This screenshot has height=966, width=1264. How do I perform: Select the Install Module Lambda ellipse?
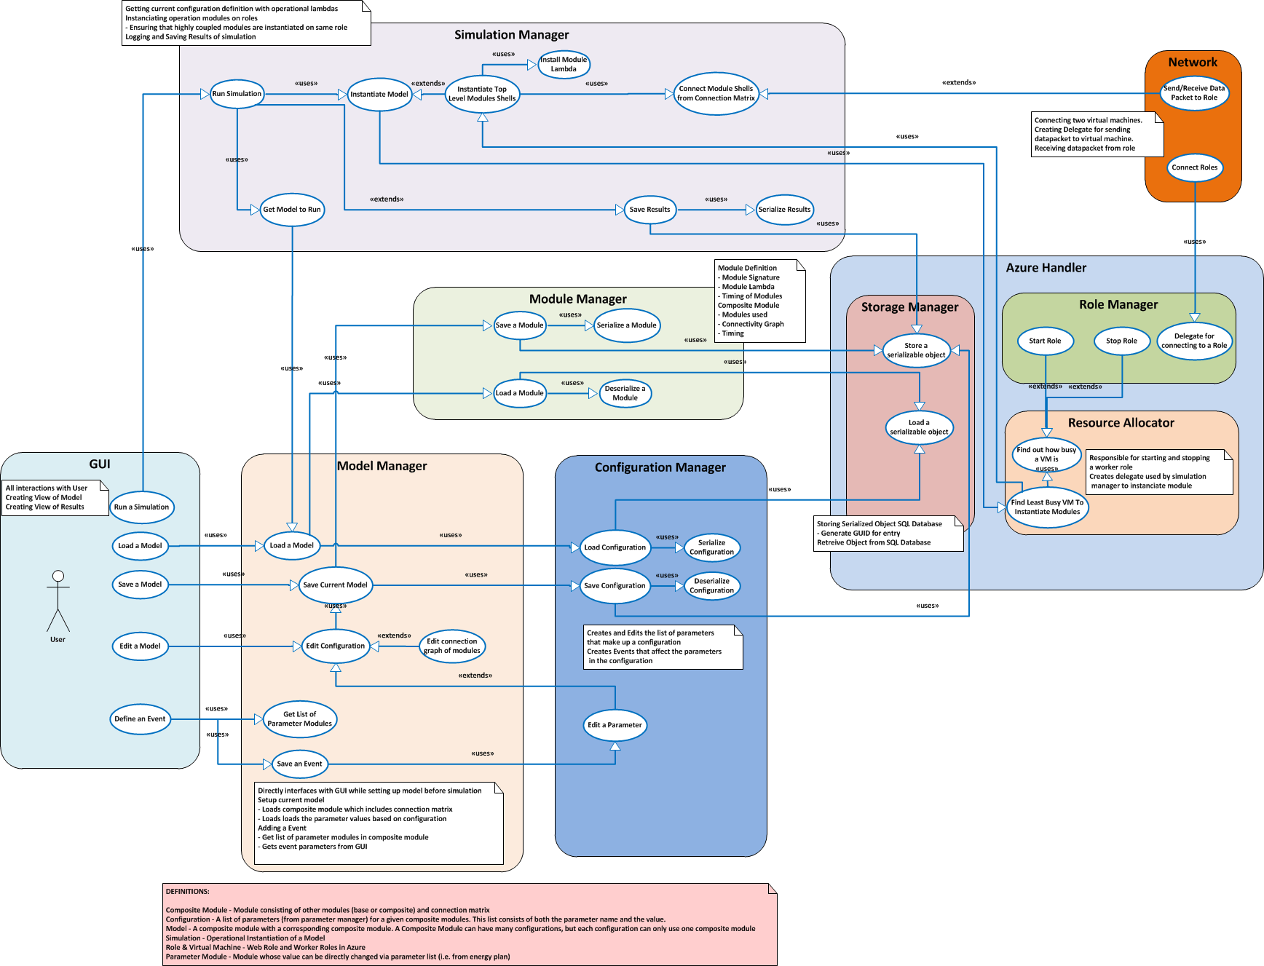(x=564, y=64)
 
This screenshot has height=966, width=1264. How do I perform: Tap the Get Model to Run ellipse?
(x=292, y=210)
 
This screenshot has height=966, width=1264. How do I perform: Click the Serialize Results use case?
(x=784, y=210)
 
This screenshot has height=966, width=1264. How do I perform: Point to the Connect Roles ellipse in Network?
(x=1195, y=167)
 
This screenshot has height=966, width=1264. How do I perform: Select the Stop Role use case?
(x=1121, y=341)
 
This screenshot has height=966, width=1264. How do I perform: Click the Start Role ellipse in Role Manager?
(x=1045, y=341)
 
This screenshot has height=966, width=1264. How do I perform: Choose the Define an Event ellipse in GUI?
(x=140, y=718)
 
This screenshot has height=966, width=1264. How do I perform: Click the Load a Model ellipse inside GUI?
(x=141, y=545)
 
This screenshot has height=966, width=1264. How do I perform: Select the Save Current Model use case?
(x=336, y=585)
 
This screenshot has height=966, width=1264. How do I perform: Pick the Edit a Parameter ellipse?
(x=615, y=725)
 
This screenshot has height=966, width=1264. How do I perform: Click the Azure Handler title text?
(x=1046, y=268)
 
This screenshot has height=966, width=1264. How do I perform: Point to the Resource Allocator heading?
(x=1121, y=423)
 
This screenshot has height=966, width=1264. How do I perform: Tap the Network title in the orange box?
(x=1193, y=63)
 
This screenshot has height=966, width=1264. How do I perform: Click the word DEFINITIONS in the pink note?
(x=187, y=891)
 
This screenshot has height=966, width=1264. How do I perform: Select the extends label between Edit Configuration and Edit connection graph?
(x=394, y=636)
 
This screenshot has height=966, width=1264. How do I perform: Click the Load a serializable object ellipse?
(x=919, y=427)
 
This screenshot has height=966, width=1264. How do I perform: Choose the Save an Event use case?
(x=299, y=764)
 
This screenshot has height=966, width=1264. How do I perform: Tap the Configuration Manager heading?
(x=660, y=467)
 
